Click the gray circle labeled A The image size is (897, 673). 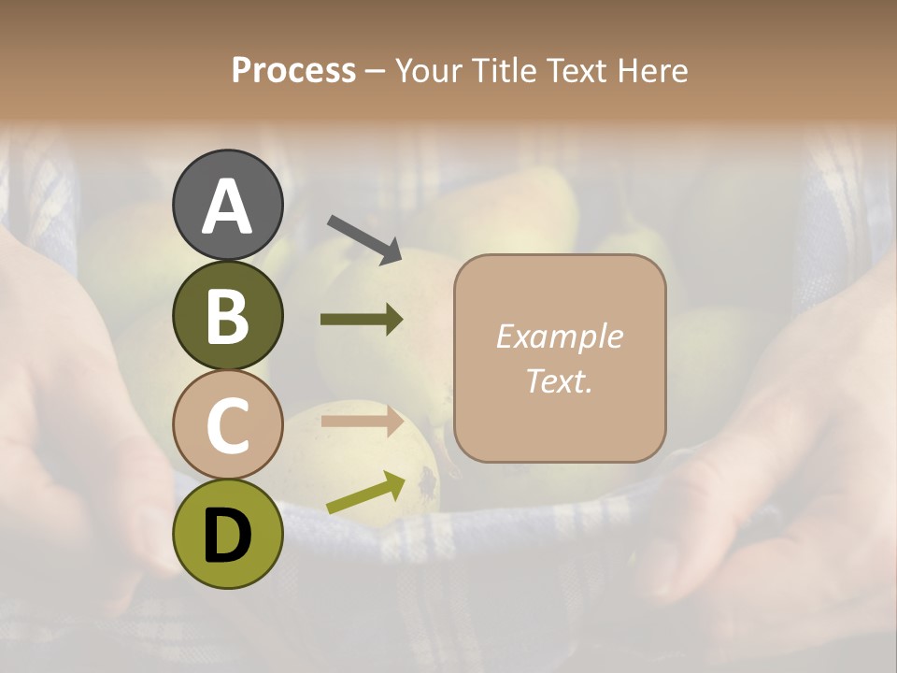point(227,206)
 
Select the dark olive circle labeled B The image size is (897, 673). point(227,316)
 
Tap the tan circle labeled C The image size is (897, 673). point(227,425)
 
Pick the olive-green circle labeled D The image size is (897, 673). point(227,534)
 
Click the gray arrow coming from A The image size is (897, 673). point(364,238)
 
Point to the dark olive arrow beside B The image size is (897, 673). point(363,320)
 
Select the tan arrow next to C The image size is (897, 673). point(363,421)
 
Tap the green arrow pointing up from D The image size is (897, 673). point(366,493)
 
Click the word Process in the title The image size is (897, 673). point(293,70)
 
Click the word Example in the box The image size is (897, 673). point(559,336)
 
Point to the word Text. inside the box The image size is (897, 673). point(559,380)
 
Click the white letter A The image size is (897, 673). point(227,207)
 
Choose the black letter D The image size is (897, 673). point(227,535)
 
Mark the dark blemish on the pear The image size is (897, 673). point(427,480)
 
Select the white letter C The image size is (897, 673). point(227,425)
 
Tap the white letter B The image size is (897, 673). point(227,317)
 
